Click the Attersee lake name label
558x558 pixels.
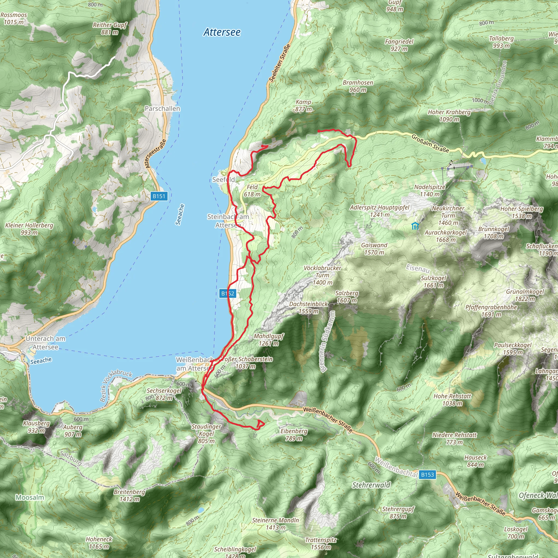coord(222,32)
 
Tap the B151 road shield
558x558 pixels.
coord(159,196)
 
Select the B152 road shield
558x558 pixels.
coord(228,293)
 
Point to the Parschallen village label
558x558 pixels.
coord(162,109)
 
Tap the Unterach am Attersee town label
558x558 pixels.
coord(45,342)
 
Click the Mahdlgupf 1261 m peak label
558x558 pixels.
coord(269,340)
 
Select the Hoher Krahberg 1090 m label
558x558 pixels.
coord(449,116)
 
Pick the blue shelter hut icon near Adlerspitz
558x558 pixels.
coord(415,226)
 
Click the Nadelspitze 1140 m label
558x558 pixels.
coord(429,191)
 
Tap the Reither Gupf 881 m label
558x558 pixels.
coord(110,28)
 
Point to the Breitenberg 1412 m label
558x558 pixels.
coord(129,495)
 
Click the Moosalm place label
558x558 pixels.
coord(30,497)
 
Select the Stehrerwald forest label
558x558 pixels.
coord(371,485)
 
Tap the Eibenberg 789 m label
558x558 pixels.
coord(294,435)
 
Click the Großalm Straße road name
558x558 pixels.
coord(430,144)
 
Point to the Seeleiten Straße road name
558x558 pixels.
coord(279,63)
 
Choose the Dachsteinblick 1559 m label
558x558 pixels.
coord(309,307)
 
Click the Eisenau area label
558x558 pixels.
coord(418,268)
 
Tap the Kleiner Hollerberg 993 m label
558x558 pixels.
coord(29,229)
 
